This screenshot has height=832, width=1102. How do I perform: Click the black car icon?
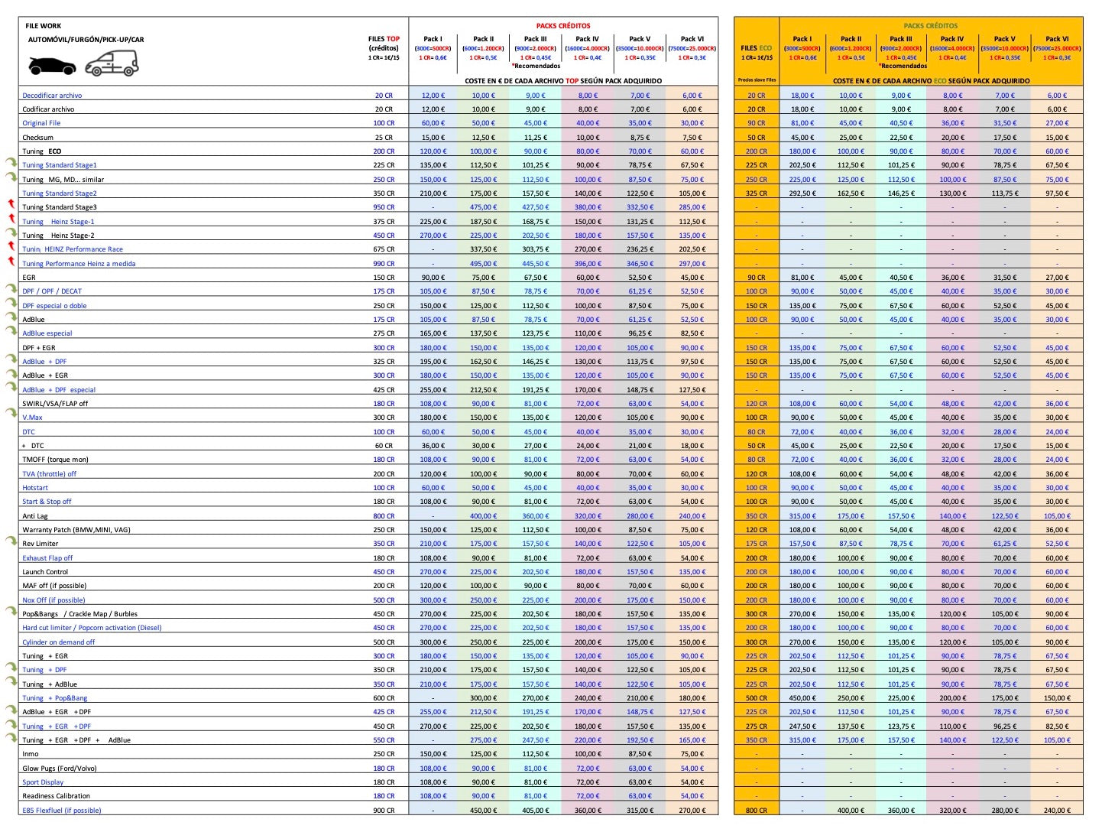point(52,67)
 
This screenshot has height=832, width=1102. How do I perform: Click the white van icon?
point(112,63)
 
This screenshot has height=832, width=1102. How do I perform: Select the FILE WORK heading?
point(43,26)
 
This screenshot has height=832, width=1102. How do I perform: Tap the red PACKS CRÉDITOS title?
point(562,26)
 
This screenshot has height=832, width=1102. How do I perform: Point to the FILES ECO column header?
point(756,48)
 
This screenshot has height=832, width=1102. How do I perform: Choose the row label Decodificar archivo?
point(52,96)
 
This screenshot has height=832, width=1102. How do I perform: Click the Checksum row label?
point(37,138)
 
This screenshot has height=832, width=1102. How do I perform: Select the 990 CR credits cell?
point(384,264)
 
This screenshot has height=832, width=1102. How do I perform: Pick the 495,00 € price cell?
point(483,264)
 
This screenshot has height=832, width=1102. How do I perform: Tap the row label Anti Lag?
point(35,516)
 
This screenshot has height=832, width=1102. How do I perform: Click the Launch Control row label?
point(45,572)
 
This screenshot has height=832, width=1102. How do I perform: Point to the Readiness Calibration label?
point(56,796)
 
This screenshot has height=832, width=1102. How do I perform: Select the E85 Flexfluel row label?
point(61,811)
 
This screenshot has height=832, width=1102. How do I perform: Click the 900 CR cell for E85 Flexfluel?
point(384,811)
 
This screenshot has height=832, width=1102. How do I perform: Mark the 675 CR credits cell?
point(384,249)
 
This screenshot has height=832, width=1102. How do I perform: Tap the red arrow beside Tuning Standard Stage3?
point(11,203)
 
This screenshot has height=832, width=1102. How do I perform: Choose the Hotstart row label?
point(35,488)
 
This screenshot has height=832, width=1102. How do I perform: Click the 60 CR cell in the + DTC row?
point(384,446)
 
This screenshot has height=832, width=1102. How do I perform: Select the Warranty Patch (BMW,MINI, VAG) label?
point(76,530)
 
